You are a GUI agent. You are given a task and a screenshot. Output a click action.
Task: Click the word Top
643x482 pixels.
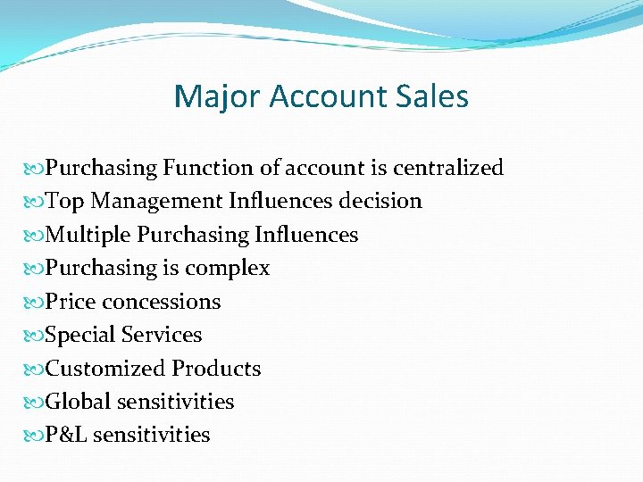(64, 201)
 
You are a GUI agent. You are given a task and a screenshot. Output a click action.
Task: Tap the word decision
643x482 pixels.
(380, 201)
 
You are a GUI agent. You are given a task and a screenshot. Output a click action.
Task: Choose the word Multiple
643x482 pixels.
(88, 235)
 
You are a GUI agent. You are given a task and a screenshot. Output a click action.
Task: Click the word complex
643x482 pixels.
(229, 268)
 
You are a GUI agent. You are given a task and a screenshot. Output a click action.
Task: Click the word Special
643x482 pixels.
(80, 335)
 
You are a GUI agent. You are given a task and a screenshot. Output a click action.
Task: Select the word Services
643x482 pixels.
(162, 335)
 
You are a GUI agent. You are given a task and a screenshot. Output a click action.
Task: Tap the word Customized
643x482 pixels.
(105, 369)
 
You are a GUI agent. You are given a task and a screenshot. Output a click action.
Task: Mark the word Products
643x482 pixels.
(217, 369)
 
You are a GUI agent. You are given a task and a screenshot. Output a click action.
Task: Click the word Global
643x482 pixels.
(78, 402)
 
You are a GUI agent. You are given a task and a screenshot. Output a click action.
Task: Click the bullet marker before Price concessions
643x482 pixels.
(35, 302)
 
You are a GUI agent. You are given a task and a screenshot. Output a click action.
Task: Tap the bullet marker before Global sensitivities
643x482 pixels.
(35, 402)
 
